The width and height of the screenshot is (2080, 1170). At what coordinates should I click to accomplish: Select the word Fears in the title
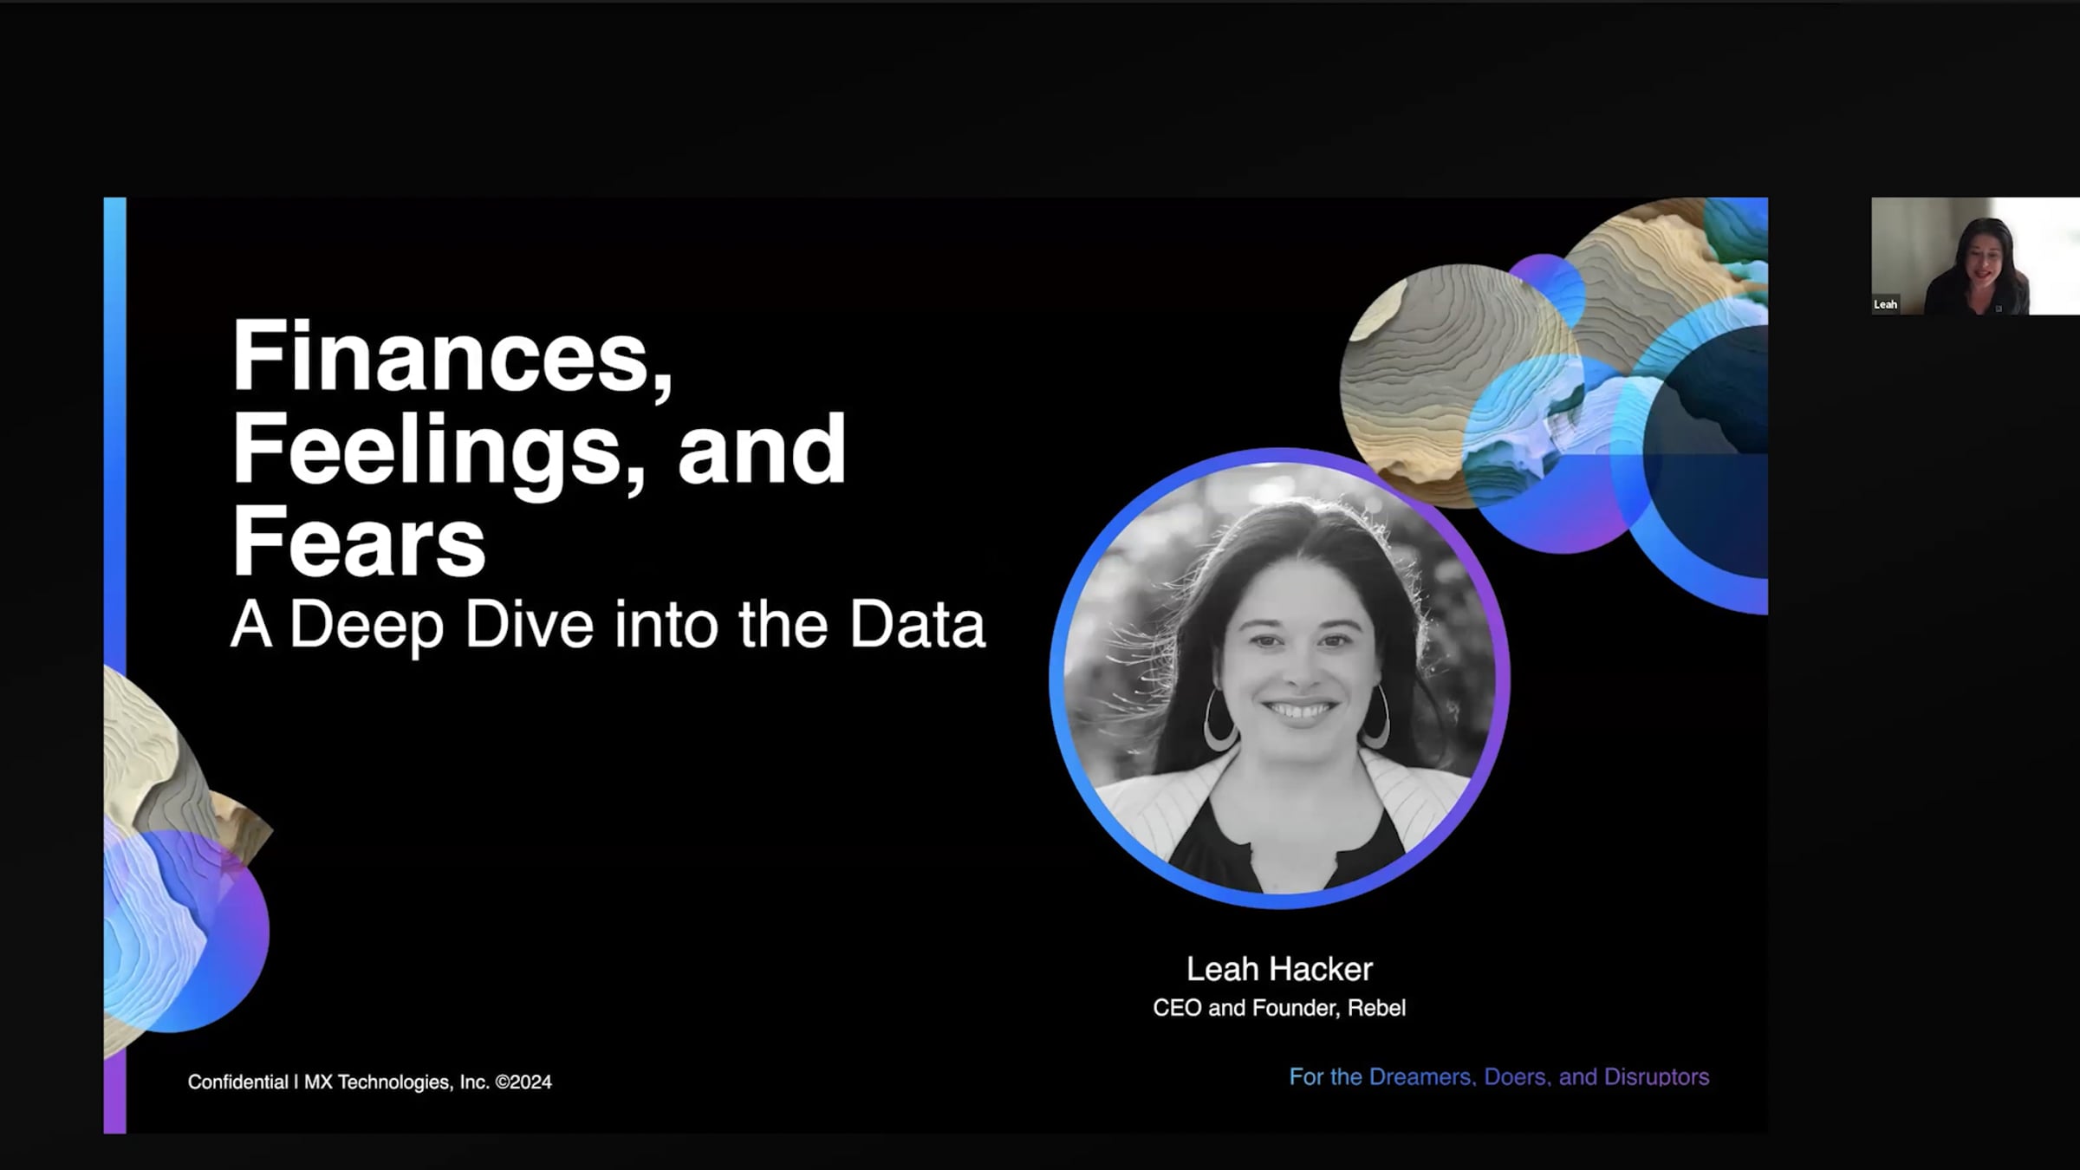[358, 543]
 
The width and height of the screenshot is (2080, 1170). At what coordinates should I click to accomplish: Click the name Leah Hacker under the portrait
[1279, 969]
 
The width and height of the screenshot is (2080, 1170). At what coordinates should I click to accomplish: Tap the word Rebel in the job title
[1376, 1008]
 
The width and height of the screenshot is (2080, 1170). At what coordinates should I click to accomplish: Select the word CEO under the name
[1177, 1008]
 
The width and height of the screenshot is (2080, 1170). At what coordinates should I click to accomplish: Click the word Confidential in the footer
[238, 1082]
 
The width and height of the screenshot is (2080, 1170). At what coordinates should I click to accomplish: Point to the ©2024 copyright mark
[523, 1082]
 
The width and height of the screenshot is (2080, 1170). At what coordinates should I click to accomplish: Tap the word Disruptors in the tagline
[1656, 1077]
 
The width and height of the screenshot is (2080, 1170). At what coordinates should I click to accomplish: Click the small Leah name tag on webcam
[1885, 304]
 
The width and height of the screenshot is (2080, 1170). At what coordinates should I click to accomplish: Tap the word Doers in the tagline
[1516, 1077]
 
